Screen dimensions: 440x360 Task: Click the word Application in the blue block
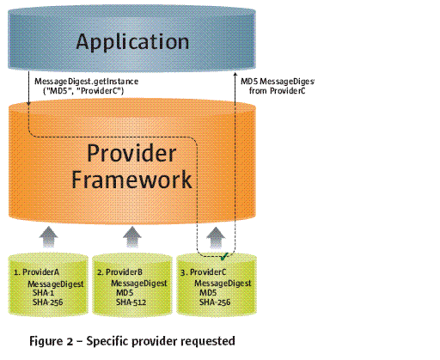point(132,42)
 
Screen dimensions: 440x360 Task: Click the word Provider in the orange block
point(131,153)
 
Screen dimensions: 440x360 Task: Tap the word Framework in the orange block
point(131,180)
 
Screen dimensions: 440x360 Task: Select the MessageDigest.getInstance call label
point(86,82)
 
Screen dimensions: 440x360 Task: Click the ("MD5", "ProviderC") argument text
point(83,91)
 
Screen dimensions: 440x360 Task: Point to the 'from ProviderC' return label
point(277,91)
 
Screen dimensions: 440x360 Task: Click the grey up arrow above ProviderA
point(49,236)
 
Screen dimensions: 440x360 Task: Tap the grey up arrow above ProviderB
point(132,236)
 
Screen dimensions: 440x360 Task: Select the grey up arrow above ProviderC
point(216,237)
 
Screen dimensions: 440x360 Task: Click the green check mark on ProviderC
point(223,256)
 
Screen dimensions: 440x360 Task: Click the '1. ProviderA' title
point(36,272)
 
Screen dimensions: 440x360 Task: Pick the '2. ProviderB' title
point(119,272)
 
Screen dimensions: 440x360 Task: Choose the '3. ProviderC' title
point(203,272)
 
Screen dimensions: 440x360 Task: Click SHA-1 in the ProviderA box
point(43,293)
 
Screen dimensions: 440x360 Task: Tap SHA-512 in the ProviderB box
point(131,302)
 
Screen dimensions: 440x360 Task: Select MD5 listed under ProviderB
point(125,293)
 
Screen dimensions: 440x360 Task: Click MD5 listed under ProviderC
point(208,293)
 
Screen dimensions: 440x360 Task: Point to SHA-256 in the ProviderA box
point(47,302)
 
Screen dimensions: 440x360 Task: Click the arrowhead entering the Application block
point(235,74)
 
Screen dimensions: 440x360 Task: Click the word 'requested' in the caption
point(208,341)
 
